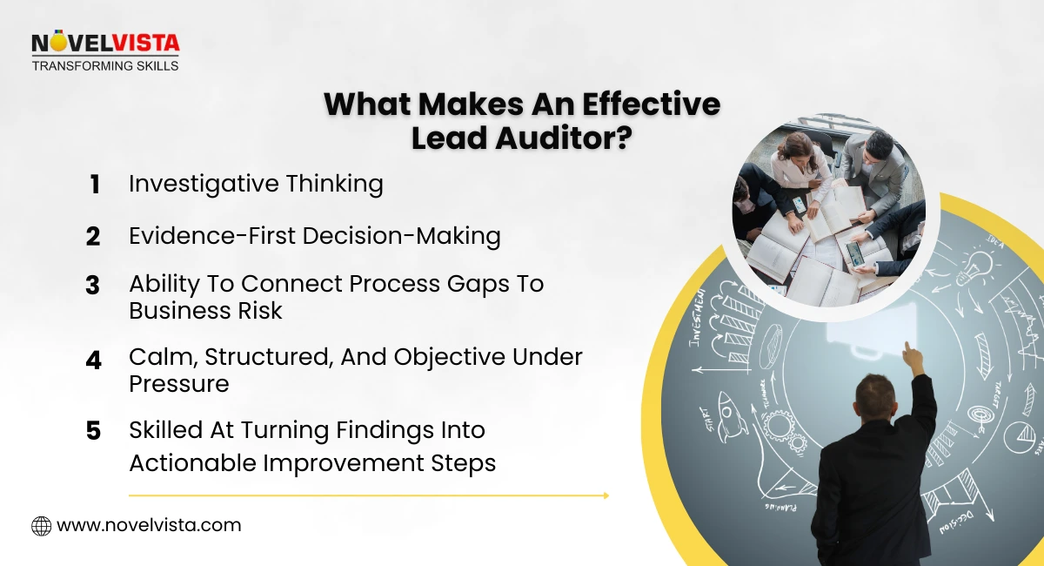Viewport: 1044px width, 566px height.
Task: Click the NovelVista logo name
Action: (104, 44)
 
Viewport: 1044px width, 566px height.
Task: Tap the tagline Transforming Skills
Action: (104, 65)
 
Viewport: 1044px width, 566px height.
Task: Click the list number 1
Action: (94, 185)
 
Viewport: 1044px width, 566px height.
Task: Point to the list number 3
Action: (93, 286)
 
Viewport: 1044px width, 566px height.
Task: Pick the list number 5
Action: (93, 431)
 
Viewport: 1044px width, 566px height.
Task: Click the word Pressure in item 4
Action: (179, 384)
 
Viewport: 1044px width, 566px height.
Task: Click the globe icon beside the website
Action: (41, 526)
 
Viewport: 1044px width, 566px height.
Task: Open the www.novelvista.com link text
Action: (149, 526)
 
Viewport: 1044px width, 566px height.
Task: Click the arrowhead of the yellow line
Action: (605, 495)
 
